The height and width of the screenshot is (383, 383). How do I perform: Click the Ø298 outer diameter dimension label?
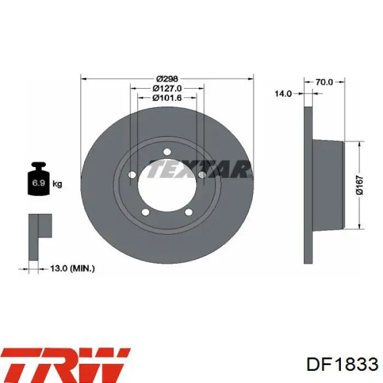coord(167,79)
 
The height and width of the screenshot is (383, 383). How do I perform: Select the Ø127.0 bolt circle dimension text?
coord(167,88)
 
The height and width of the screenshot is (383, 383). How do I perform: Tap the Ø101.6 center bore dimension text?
coord(167,98)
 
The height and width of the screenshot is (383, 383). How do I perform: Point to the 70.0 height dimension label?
coord(324,82)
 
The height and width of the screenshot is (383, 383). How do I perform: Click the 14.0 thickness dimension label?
coord(283,94)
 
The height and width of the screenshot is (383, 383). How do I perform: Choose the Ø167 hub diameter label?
coord(359,185)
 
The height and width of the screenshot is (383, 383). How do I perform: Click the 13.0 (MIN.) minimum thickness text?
coord(72,269)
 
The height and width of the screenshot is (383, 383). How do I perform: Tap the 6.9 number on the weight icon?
coord(39,183)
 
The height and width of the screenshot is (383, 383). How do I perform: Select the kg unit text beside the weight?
coord(57,184)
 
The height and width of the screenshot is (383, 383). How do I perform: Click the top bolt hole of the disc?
coord(167,152)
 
